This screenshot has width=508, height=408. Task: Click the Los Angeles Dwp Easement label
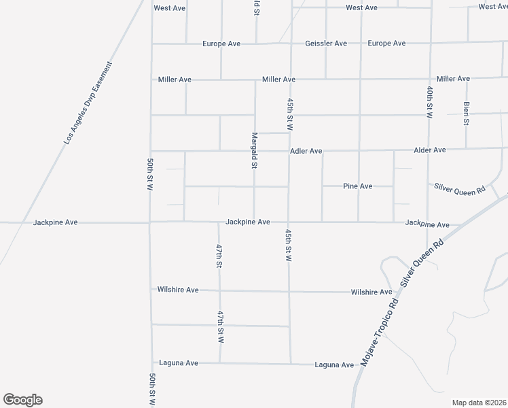pos(88,103)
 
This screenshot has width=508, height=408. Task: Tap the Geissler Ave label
pos(326,44)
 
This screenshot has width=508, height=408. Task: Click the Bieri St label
pos(467,114)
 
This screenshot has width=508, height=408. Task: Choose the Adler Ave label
pos(306,151)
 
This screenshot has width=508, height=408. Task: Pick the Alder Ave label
pos(430,150)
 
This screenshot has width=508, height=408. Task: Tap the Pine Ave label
pos(358,186)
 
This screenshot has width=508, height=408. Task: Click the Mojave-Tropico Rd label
pos(378,331)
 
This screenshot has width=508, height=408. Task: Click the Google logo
pos(22,400)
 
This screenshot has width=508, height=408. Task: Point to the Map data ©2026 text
pos(479,403)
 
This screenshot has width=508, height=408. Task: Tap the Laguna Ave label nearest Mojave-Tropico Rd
pos(334,365)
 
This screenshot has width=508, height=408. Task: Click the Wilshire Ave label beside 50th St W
pos(177,290)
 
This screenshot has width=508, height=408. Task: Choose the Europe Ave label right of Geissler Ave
pos(386,44)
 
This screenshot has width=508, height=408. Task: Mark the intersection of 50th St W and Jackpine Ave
pos(150,222)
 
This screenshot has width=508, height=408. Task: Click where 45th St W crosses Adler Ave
pos(289,151)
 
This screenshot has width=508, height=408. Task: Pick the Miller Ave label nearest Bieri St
pos(453,79)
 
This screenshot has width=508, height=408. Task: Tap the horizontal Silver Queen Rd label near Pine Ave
pos(460,188)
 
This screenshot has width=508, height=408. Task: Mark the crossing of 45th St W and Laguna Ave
pos(290,364)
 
